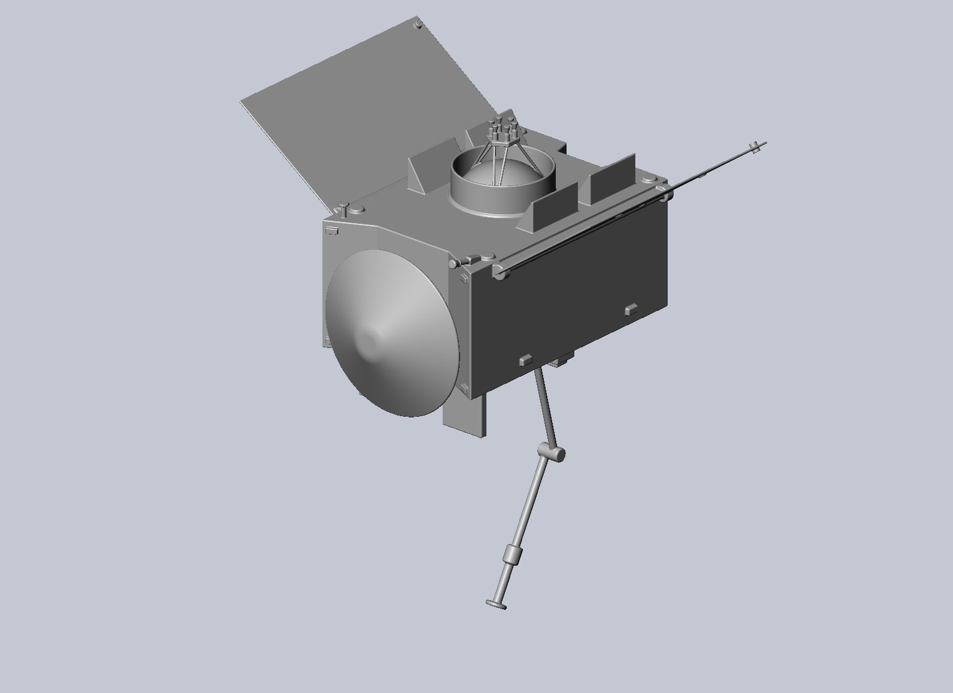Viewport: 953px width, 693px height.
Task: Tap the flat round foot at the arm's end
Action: click(497, 605)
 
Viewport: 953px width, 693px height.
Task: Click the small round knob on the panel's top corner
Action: click(418, 24)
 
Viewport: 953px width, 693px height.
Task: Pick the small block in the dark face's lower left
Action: click(525, 359)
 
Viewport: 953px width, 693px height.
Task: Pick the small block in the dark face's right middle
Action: click(631, 310)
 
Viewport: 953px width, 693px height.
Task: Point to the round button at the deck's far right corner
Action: click(648, 179)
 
